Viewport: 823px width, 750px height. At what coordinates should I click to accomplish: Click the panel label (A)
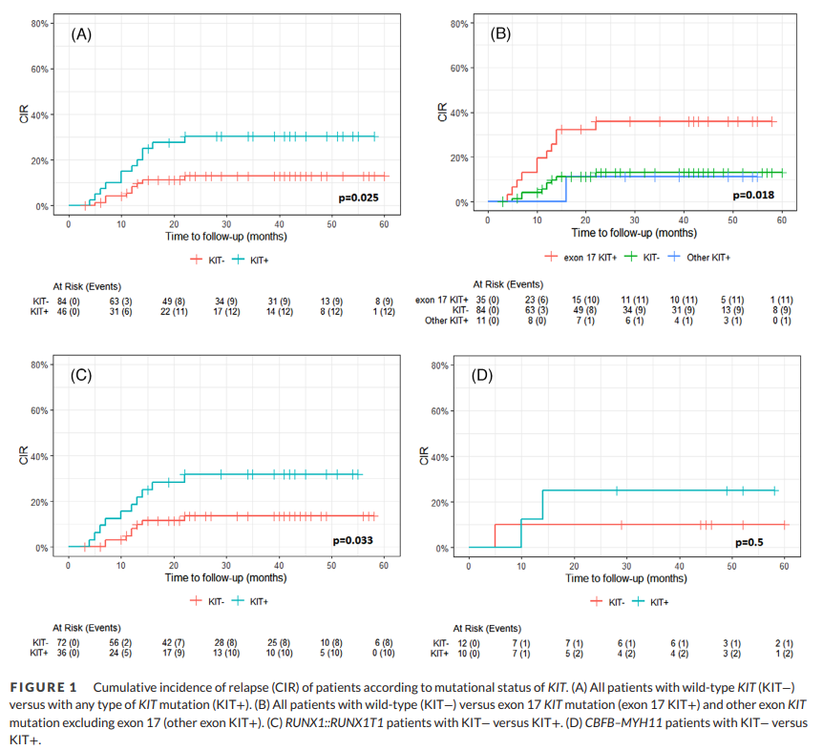coord(81,34)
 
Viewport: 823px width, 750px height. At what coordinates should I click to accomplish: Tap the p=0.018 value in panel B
coord(753,195)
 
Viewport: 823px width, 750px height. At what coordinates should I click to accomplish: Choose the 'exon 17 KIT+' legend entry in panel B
coord(585,257)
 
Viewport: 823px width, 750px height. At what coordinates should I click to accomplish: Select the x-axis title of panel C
coord(225,577)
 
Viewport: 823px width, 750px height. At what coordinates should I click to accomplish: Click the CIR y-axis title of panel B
coord(442,113)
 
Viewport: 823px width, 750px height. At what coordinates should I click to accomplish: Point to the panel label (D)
coord(482,375)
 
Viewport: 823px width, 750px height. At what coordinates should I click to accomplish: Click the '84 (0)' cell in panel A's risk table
coord(69,300)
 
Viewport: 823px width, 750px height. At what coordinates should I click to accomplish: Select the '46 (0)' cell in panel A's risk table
coord(69,310)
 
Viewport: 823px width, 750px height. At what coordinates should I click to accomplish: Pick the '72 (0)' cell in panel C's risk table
coord(69,644)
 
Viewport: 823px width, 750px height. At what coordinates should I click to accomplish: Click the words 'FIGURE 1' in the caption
coord(43,688)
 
